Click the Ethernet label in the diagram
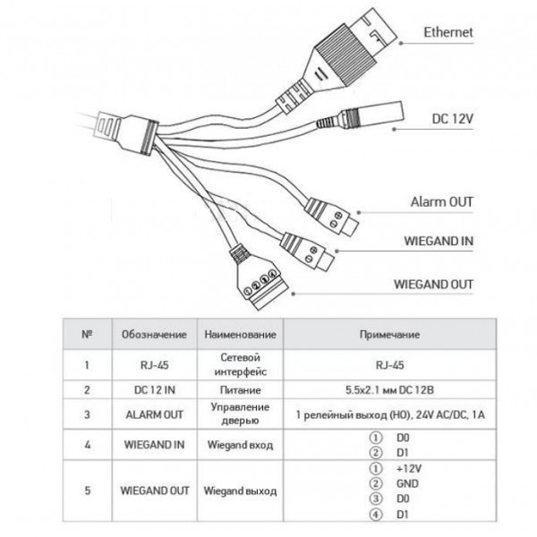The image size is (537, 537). [x=448, y=33]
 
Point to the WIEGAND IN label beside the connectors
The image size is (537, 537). [x=437, y=242]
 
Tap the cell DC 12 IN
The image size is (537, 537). [x=154, y=391]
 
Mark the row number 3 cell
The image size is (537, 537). [x=87, y=415]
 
